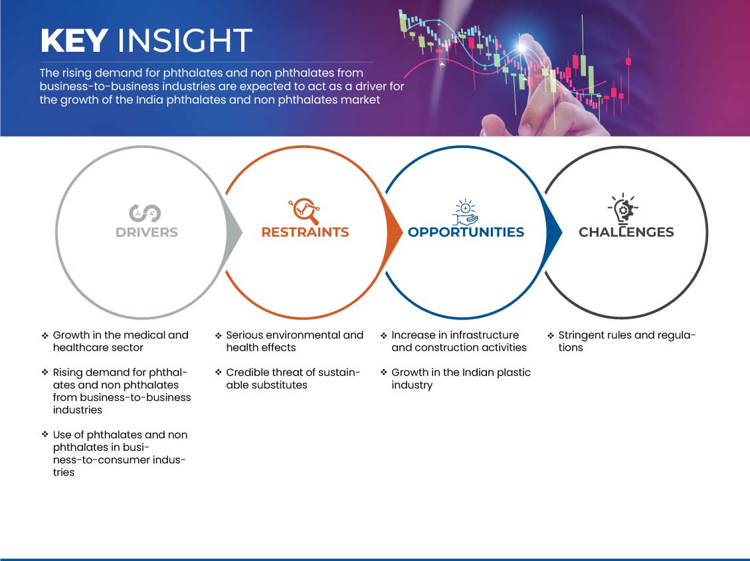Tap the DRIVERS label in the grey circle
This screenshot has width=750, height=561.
(147, 232)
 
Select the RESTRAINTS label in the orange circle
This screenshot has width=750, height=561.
(305, 232)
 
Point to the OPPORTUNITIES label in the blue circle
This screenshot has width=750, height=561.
(466, 232)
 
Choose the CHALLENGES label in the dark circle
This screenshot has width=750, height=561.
(626, 232)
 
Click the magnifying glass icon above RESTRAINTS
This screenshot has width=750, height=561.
(305, 210)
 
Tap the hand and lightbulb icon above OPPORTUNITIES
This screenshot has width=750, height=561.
(466, 212)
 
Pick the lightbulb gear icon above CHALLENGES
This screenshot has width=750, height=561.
(623, 208)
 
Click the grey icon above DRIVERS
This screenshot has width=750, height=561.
(145, 213)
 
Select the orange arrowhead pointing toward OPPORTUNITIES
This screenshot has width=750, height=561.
(394, 232)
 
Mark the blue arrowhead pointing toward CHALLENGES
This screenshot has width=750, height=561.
(553, 232)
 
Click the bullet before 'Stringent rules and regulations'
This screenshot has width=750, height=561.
(551, 335)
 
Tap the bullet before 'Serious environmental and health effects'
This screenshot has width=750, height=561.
(218, 335)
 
